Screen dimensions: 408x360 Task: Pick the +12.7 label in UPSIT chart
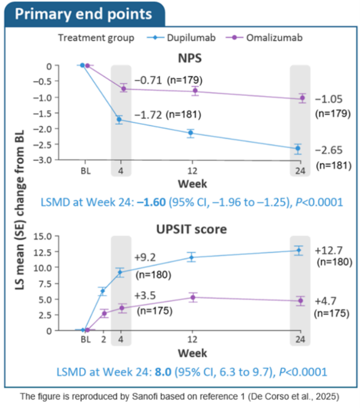click(329, 248)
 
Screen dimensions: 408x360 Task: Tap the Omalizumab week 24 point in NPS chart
click(302, 98)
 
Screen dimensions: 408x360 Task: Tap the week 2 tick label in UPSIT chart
click(103, 339)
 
